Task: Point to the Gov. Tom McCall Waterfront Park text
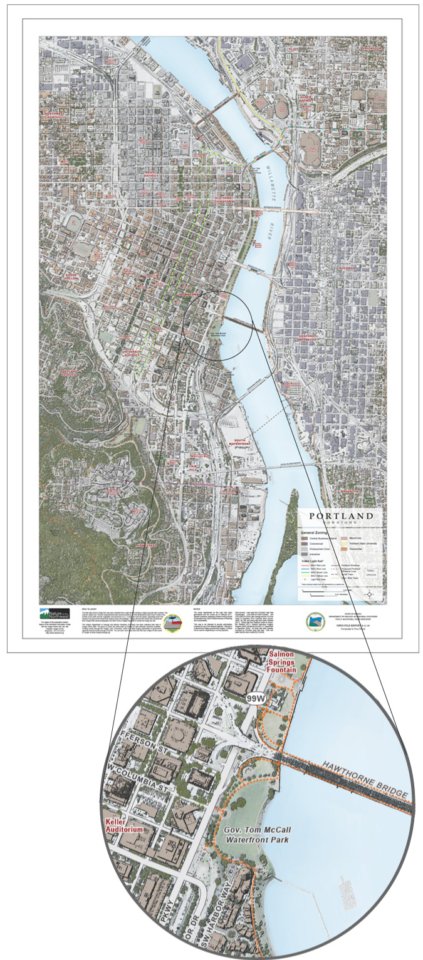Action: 258,835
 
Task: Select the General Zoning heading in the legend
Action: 319,530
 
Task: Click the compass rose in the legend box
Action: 370,594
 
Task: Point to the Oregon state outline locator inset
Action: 371,573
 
